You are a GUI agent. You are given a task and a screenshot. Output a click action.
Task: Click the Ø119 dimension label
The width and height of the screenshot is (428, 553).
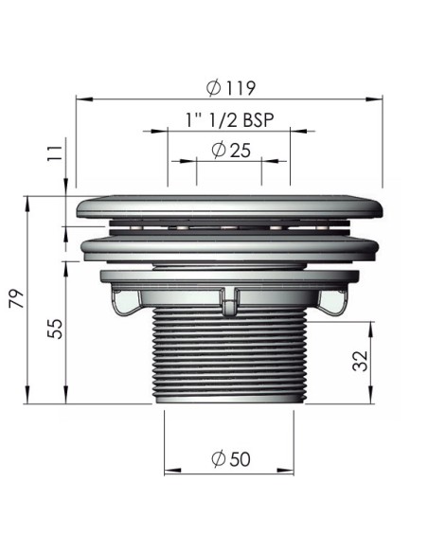point(229,87)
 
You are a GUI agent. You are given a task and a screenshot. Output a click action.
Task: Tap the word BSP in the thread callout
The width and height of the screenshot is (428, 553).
point(259,120)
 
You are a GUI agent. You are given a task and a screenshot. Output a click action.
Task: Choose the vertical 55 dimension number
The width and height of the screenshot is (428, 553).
point(56,330)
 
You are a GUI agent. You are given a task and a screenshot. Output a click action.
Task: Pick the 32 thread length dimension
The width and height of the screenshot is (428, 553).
point(359,360)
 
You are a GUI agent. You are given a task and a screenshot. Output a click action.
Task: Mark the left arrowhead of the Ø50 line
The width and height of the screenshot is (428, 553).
point(170,472)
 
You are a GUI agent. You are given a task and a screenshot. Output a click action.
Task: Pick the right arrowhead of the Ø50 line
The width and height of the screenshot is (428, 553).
point(286,472)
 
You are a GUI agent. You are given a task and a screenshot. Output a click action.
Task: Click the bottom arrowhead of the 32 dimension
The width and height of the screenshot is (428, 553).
point(370,397)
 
